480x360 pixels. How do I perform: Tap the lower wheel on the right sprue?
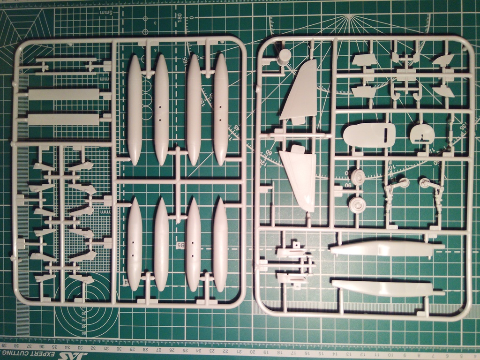(358, 203)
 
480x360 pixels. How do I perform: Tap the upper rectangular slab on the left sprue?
(64, 94)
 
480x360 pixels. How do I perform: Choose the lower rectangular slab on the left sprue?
(64, 119)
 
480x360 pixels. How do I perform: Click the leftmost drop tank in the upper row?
(135, 110)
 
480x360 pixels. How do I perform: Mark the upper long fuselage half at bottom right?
(387, 248)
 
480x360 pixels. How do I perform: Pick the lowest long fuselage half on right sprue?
(387, 287)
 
